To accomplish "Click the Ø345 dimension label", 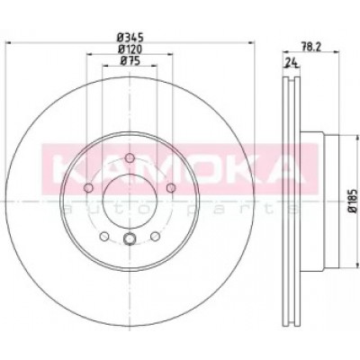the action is pos(130,38).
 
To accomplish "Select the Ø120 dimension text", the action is pos(130,49).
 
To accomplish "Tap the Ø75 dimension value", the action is pos(130,61).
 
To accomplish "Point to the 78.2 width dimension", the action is pos(309,47).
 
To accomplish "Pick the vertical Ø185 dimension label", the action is pos(354,201).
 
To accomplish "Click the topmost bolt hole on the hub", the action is pos(130,157).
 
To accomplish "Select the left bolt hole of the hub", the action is pos(88,188).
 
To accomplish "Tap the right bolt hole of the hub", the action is pos(171,188).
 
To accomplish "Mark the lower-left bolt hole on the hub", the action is pos(103,237).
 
